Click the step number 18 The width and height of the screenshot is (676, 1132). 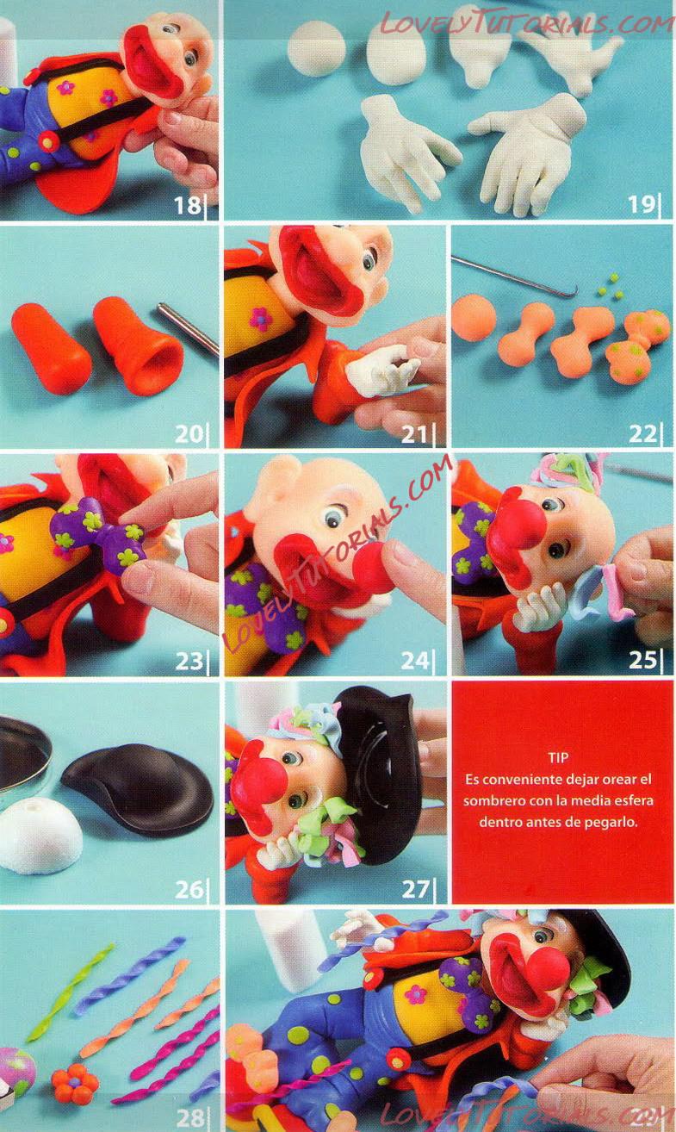(188, 205)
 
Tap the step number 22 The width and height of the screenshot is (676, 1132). (642, 433)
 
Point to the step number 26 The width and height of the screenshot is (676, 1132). (189, 889)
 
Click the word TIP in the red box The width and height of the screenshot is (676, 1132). (558, 757)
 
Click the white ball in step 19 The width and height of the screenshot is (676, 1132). (317, 48)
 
